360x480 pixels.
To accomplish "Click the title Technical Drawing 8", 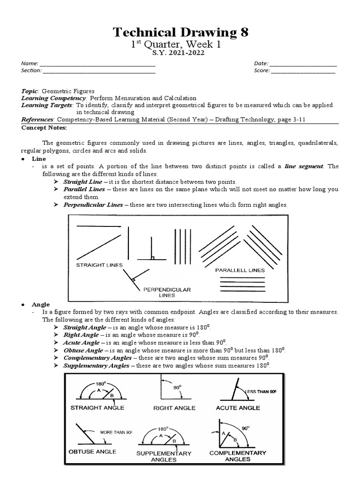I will tap(180, 32).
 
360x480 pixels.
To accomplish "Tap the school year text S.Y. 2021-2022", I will tap(180, 53).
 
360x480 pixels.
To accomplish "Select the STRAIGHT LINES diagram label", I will tap(99, 265).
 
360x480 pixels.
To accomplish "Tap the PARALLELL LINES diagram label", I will tap(240, 270).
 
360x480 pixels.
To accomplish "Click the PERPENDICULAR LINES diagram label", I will tap(167, 292).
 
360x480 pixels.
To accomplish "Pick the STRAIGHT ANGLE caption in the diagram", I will tap(97, 407).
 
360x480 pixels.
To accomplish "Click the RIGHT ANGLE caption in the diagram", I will tap(174, 408).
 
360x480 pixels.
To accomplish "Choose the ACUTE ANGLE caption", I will tap(238, 408).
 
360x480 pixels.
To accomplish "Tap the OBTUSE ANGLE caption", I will tap(92, 451).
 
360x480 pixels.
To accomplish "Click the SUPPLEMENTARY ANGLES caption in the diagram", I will tap(164, 456).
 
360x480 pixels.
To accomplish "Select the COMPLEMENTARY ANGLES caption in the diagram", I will tap(238, 456).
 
